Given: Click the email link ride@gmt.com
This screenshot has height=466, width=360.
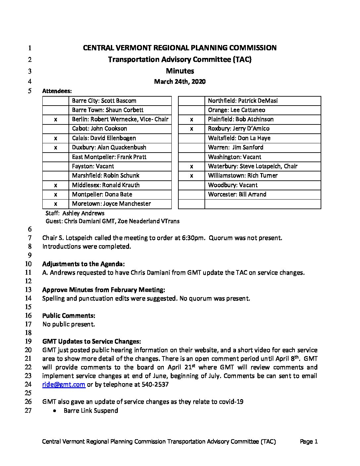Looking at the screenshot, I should pyautogui.click(x=64, y=385).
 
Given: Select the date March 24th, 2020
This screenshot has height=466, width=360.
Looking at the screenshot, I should pyautogui.click(x=180, y=81).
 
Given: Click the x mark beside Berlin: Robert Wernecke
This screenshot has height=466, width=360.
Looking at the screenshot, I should pyautogui.click(x=56, y=119).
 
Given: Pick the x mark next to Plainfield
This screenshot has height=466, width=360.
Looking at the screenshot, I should pyautogui.click(x=192, y=119).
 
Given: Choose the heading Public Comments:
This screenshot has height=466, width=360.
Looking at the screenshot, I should pyautogui.click(x=69, y=315).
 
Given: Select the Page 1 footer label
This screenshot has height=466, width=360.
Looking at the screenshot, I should pyautogui.click(x=308, y=442).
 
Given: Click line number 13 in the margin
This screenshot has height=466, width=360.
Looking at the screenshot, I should pyautogui.click(x=28, y=290).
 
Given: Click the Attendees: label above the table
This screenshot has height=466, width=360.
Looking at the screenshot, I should pyautogui.click(x=57, y=91).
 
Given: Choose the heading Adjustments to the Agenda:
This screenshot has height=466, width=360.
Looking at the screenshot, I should pyautogui.click(x=83, y=264).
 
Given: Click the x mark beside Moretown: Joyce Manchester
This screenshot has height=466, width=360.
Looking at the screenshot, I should pyautogui.click(x=56, y=204).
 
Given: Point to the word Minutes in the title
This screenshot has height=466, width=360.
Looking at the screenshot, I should pyautogui.click(x=180, y=71).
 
